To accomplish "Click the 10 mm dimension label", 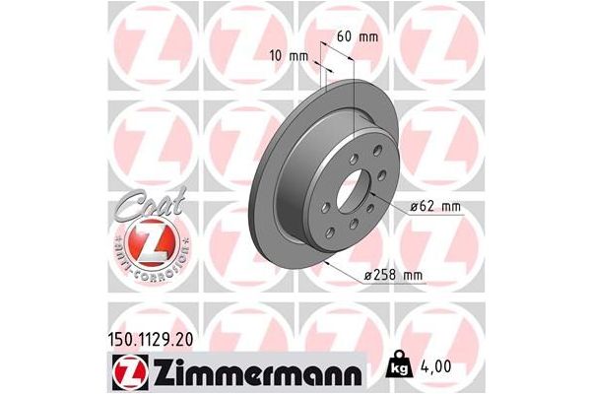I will click(287, 56).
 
